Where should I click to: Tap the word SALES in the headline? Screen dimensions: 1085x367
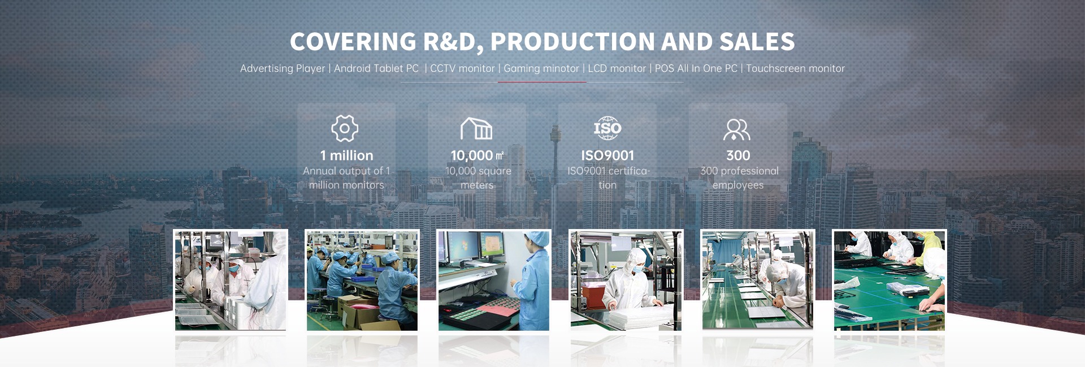[x=757, y=42]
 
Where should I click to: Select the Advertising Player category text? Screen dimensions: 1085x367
[x=283, y=68]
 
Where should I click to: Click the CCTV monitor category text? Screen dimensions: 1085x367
[x=462, y=68]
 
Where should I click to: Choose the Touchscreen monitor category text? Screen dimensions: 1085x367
[x=795, y=68]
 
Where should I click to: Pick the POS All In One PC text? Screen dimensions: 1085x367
[x=696, y=68]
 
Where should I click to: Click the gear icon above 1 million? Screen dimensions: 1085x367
[x=345, y=128]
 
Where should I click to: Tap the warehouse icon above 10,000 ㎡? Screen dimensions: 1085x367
[x=476, y=128]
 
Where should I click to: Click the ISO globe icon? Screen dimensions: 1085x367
[x=607, y=128]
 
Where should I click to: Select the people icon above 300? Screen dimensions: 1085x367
[x=737, y=129]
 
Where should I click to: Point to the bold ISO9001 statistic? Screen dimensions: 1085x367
[x=607, y=156]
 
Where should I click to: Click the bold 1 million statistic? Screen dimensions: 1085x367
[x=346, y=156]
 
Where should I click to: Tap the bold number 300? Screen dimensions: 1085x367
[x=738, y=156]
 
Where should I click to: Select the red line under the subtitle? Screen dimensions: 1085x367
[x=542, y=82]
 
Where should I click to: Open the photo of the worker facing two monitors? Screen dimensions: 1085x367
[x=494, y=280]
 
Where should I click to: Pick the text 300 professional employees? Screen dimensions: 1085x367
[x=739, y=178]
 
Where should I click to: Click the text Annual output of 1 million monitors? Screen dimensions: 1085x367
[x=346, y=178]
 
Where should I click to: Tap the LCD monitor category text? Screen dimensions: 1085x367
[x=617, y=68]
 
